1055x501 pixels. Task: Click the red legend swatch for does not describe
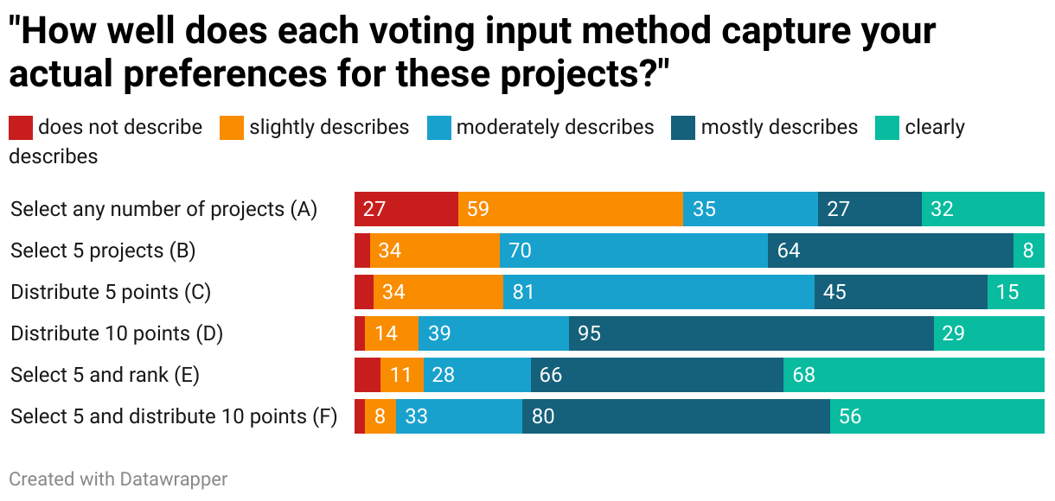pos(21,128)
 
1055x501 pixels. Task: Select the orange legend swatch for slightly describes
pos(232,128)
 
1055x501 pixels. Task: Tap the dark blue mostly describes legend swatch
pos(683,128)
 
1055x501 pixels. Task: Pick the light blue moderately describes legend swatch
pos(439,128)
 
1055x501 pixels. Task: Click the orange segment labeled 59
pos(571,209)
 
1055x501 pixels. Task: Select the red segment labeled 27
pos(406,209)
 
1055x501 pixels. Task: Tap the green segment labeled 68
pos(914,375)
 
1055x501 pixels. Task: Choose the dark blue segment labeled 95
pos(751,333)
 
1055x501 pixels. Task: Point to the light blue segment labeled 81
pos(659,292)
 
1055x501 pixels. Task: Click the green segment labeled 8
pos(1029,250)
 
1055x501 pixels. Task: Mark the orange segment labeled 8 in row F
pos(380,416)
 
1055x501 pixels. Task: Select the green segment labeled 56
pos(937,416)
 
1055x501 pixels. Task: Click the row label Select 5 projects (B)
pos(103,250)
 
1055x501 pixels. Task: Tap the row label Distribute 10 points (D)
pos(117,333)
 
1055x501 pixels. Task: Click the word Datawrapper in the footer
pos(174,479)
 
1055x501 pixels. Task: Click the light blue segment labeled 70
pos(634,250)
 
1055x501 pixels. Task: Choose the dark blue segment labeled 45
pos(901,292)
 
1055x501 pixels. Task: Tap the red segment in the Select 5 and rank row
pos(368,375)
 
